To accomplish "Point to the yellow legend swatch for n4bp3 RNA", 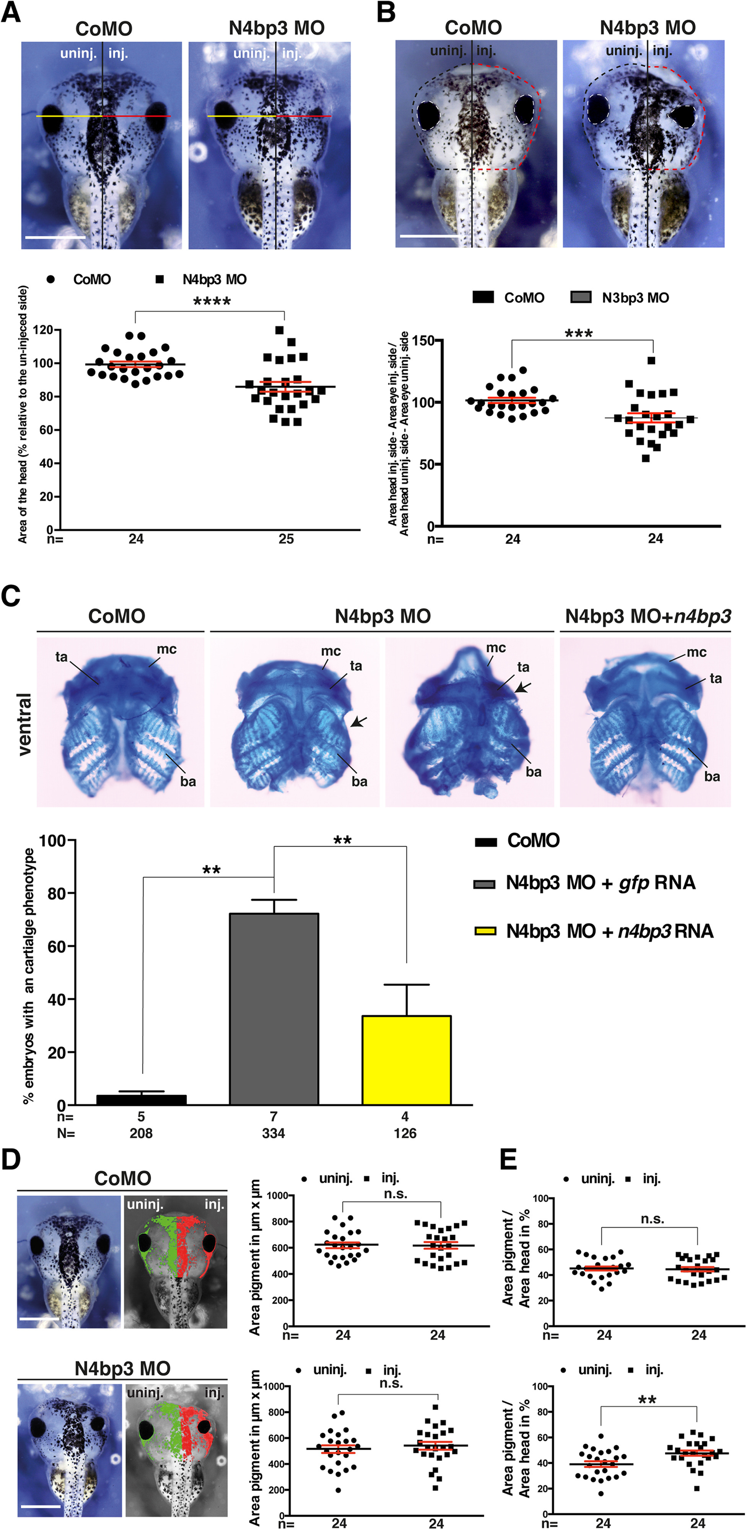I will click(x=485, y=931).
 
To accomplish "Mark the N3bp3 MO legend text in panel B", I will click(x=635, y=298).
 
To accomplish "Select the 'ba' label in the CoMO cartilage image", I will click(x=188, y=781).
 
